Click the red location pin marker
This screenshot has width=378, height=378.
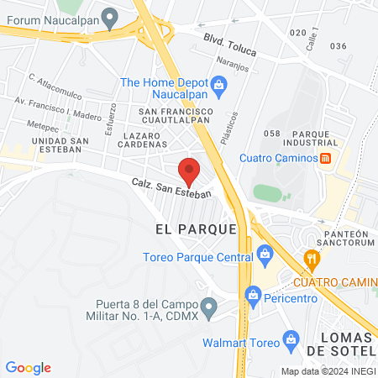pyautogui.click(x=190, y=171)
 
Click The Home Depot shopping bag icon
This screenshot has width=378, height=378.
pyautogui.click(x=218, y=82)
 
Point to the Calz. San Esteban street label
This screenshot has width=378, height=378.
pyautogui.click(x=170, y=187)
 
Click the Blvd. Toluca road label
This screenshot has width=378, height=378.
pyautogui.click(x=227, y=43)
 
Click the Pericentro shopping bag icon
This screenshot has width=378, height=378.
pyautogui.click(x=252, y=293)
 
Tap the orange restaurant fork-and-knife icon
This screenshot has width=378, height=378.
pyautogui.click(x=312, y=258)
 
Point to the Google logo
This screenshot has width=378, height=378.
pyautogui.click(x=28, y=368)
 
